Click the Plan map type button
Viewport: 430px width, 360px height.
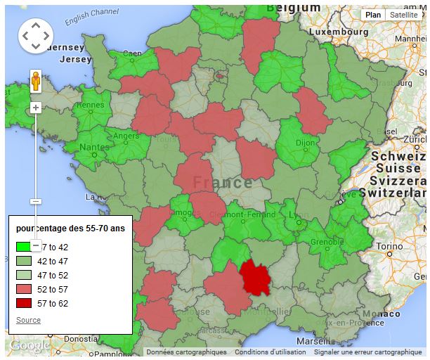point(373,15)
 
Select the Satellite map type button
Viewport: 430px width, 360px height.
point(403,15)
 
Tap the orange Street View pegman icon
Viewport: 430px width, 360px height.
point(37,82)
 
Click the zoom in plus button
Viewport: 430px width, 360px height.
point(37,108)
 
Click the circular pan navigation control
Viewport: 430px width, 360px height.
point(35,35)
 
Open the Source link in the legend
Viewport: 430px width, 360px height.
point(28,320)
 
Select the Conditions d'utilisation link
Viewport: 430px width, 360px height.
point(271,352)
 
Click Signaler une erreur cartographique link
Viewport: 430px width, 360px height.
point(367,352)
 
